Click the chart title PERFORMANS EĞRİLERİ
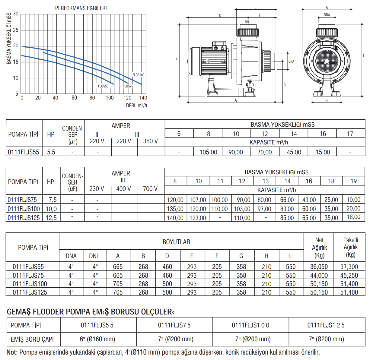coord(81,8)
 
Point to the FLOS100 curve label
coord(139,75)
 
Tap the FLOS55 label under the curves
coord(103,86)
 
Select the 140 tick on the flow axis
coord(143,98)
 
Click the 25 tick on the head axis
coord(16,30)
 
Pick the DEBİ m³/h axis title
coord(136,106)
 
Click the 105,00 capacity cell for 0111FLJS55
coord(208,152)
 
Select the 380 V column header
coord(150,141)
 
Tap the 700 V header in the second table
coord(150,189)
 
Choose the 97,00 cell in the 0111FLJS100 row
coord(264,209)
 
